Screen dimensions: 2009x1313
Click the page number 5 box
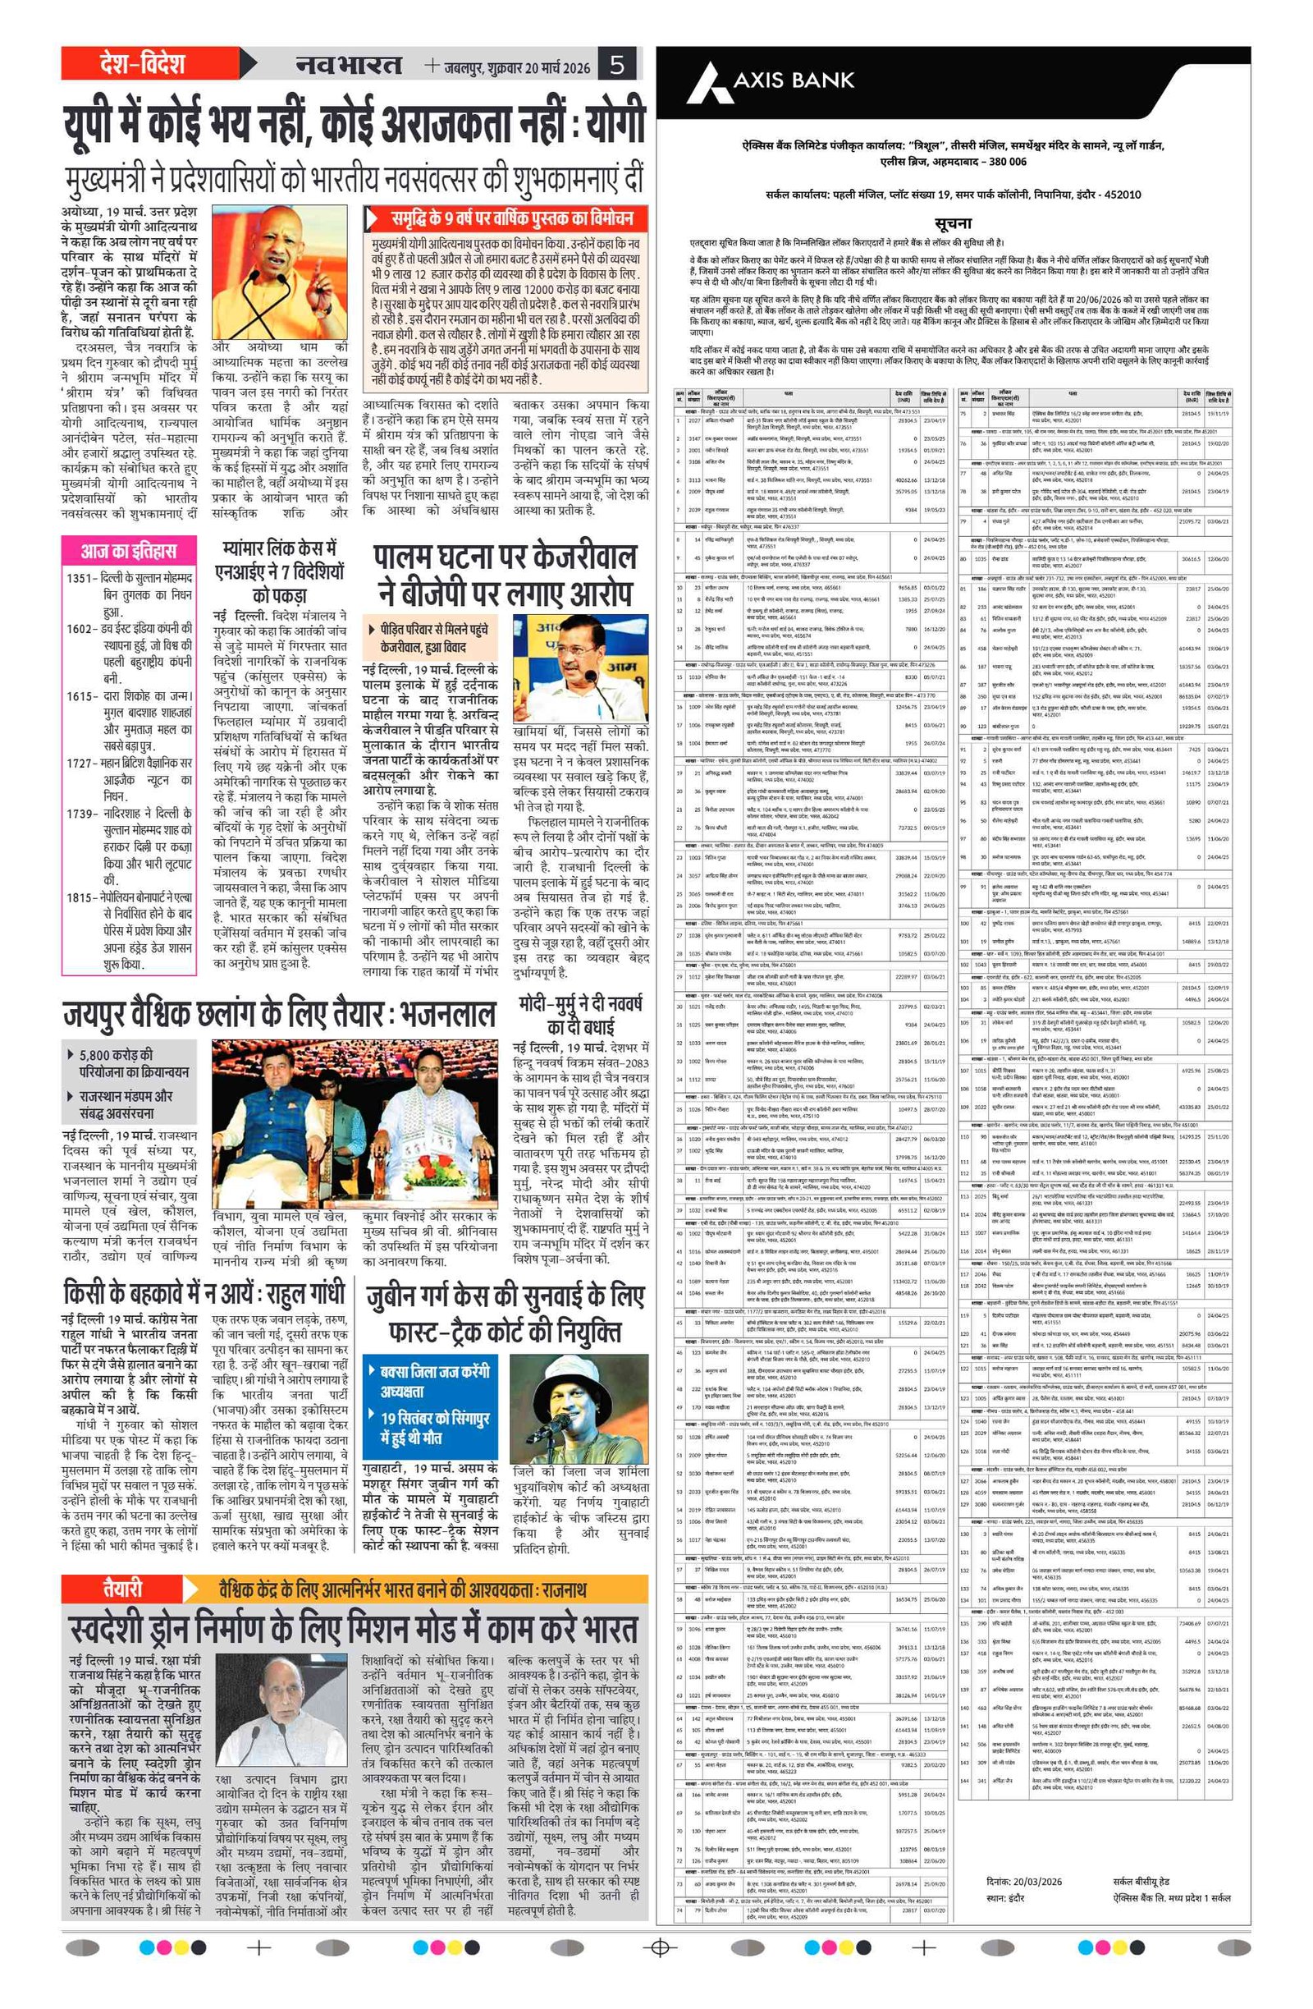click(x=618, y=64)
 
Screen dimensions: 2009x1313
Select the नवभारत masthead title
click(x=348, y=64)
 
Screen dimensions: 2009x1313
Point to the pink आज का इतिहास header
click(x=128, y=550)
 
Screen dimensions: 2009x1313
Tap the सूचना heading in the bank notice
click(x=953, y=222)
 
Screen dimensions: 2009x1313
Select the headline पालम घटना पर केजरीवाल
click(x=505, y=574)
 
